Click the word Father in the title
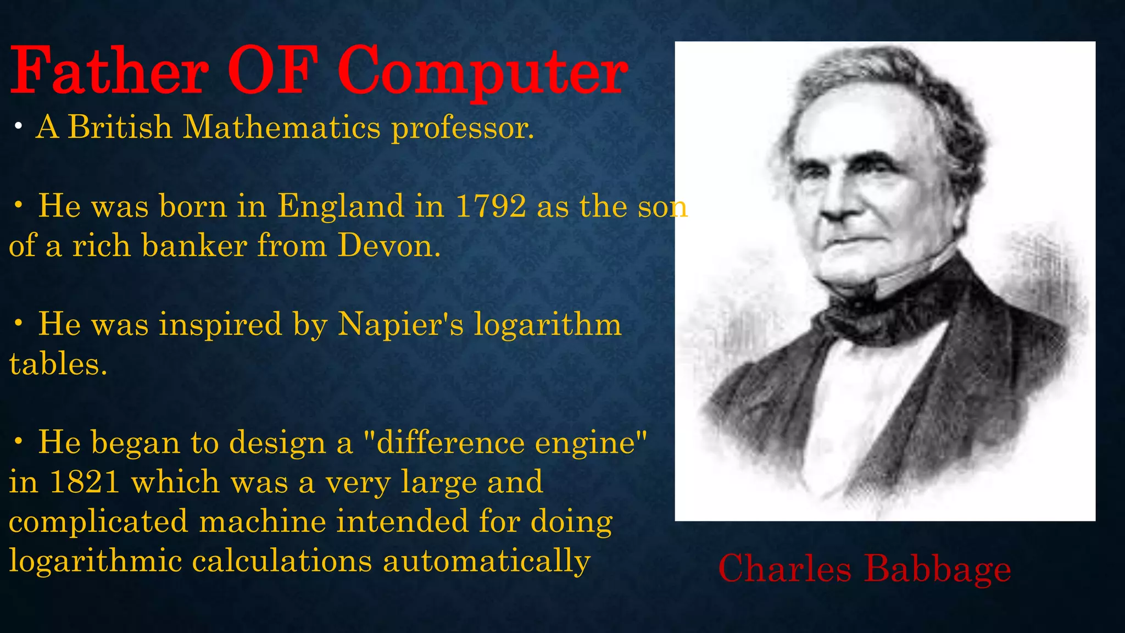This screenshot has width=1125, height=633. (110, 71)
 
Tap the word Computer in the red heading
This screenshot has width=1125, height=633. (482, 73)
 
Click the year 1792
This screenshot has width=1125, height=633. (491, 207)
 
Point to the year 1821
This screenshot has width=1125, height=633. (84, 482)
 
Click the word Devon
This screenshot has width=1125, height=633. (388, 246)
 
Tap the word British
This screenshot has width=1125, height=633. (120, 127)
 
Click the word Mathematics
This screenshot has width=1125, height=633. (281, 127)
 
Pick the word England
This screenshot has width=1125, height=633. (341, 207)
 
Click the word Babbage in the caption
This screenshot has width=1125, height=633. (937, 569)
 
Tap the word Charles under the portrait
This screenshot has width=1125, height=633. (784, 568)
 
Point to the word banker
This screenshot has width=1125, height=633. (194, 246)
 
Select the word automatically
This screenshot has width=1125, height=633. (487, 562)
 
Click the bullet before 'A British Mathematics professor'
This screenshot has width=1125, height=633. (19, 127)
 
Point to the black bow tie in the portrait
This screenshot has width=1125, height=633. (862, 319)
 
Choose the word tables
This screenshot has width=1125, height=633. (58, 364)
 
